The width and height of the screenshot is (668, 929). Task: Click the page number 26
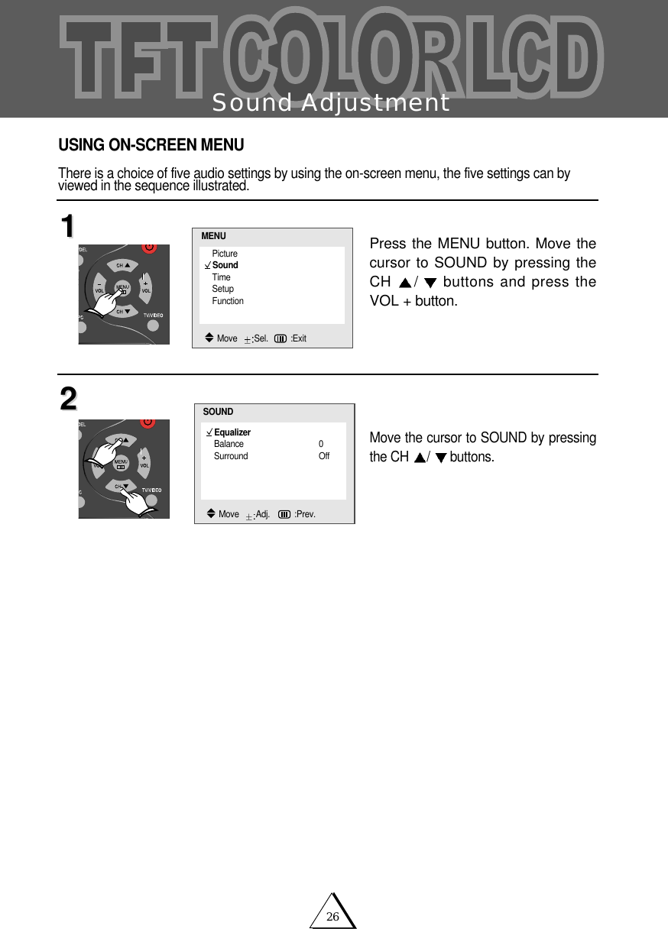332,917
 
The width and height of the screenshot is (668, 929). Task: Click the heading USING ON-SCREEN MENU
151,145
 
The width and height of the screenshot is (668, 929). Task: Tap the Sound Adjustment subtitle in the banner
330,102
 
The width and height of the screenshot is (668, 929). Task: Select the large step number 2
68,399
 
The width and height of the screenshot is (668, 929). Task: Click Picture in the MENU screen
225,254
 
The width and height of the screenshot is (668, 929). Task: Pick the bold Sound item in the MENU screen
225,265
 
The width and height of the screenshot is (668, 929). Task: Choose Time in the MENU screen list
221,277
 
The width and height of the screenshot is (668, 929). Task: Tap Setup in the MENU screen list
223,289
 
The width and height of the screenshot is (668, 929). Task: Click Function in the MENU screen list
228,301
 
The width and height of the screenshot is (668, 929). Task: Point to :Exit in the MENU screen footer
298,338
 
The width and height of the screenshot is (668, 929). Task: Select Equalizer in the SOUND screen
232,432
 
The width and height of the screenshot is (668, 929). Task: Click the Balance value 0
321,444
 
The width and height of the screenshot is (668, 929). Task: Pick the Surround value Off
324,456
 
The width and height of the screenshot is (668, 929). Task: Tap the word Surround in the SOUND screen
231,456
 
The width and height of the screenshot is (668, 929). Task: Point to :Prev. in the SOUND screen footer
304,514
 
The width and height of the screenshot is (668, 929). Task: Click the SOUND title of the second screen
218,412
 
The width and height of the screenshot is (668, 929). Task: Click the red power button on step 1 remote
149,248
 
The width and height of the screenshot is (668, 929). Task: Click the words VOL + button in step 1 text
413,301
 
